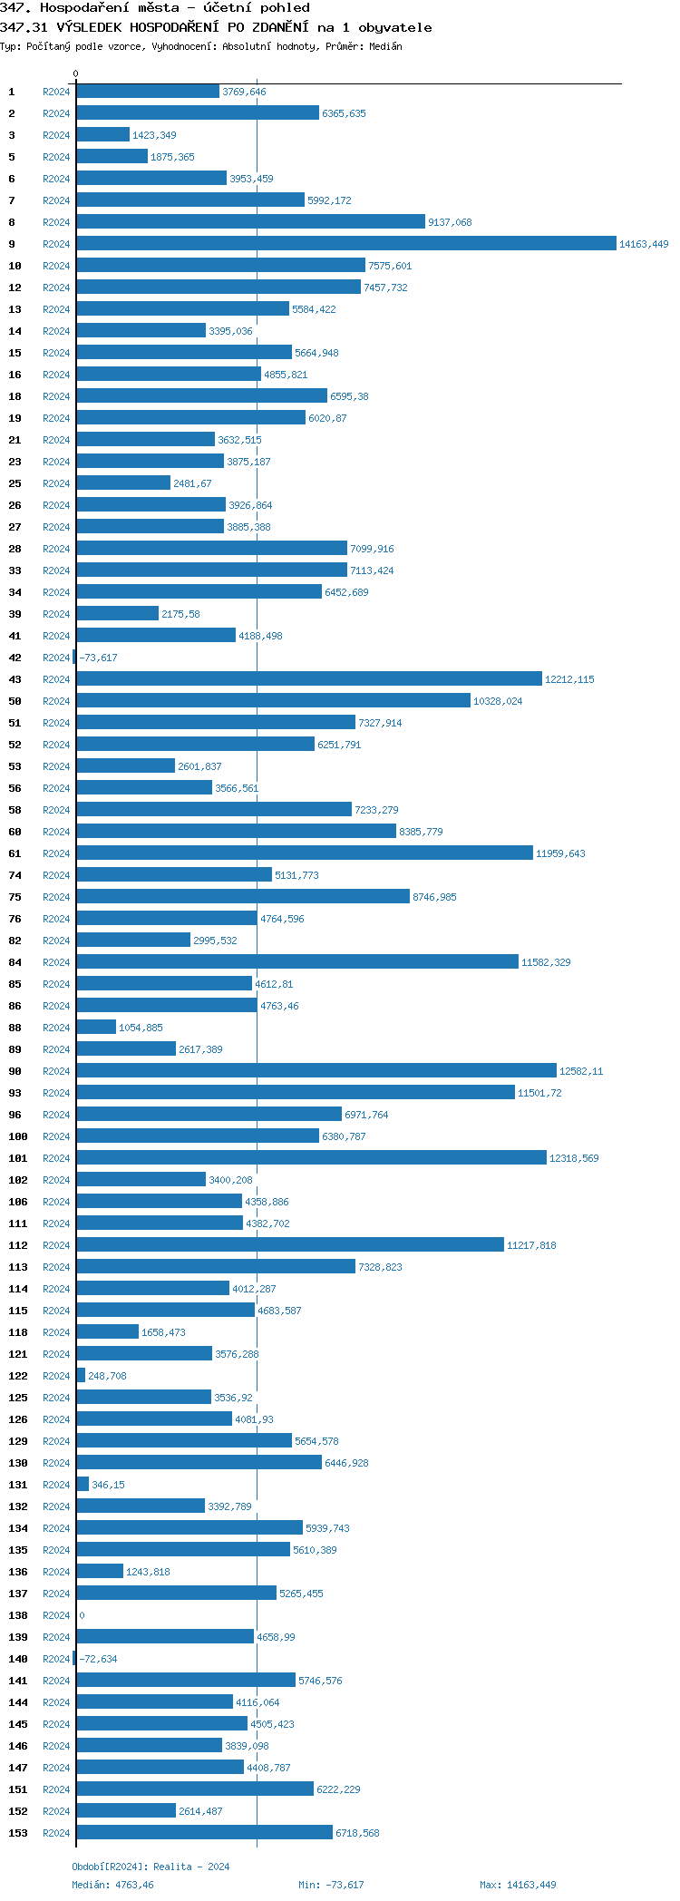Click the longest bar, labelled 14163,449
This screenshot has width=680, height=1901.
coord(346,244)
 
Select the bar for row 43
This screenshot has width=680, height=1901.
coord(309,679)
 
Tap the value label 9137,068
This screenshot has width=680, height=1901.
coord(450,222)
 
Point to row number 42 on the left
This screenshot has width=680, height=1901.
coord(15,658)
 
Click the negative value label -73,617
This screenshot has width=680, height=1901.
coord(98,658)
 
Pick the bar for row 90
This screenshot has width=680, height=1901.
coord(316,1071)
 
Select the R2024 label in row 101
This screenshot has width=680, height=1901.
coord(56,1158)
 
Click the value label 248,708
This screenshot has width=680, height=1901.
coord(107,1376)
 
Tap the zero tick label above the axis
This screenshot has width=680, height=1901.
coord(75,73)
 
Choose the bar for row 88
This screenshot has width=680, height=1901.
coord(96,1028)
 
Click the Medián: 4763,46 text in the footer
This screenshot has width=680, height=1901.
coord(112,1885)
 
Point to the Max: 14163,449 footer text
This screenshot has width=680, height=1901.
coord(518,1885)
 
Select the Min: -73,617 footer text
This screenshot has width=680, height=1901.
coord(331,1885)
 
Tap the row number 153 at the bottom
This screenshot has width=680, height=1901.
coord(18,1833)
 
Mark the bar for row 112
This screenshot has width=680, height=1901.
coord(290,1245)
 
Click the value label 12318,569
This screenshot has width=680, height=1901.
coord(574,1158)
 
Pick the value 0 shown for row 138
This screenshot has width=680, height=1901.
coord(82,1615)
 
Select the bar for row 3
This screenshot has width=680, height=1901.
coord(102,135)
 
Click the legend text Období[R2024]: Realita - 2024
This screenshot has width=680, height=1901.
coord(151,1867)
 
